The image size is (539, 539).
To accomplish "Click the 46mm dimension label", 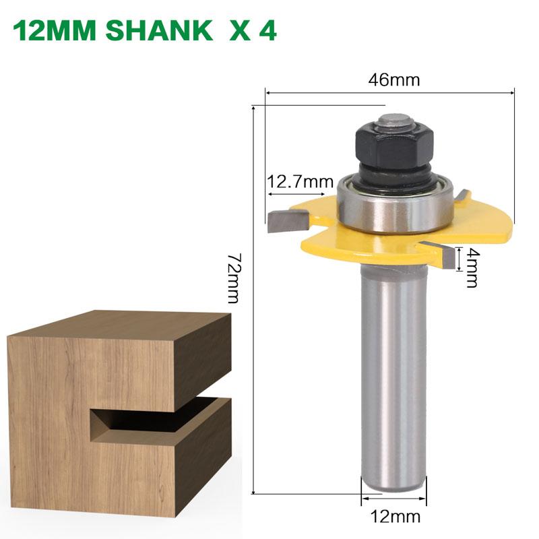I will (x=394, y=80).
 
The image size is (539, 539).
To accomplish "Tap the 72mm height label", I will (x=232, y=278).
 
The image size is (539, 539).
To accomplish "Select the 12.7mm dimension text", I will (x=301, y=181).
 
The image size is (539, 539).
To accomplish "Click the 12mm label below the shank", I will (x=395, y=517).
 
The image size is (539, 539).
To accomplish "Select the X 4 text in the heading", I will (x=253, y=31).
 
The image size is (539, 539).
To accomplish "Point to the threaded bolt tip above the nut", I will (x=393, y=121).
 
